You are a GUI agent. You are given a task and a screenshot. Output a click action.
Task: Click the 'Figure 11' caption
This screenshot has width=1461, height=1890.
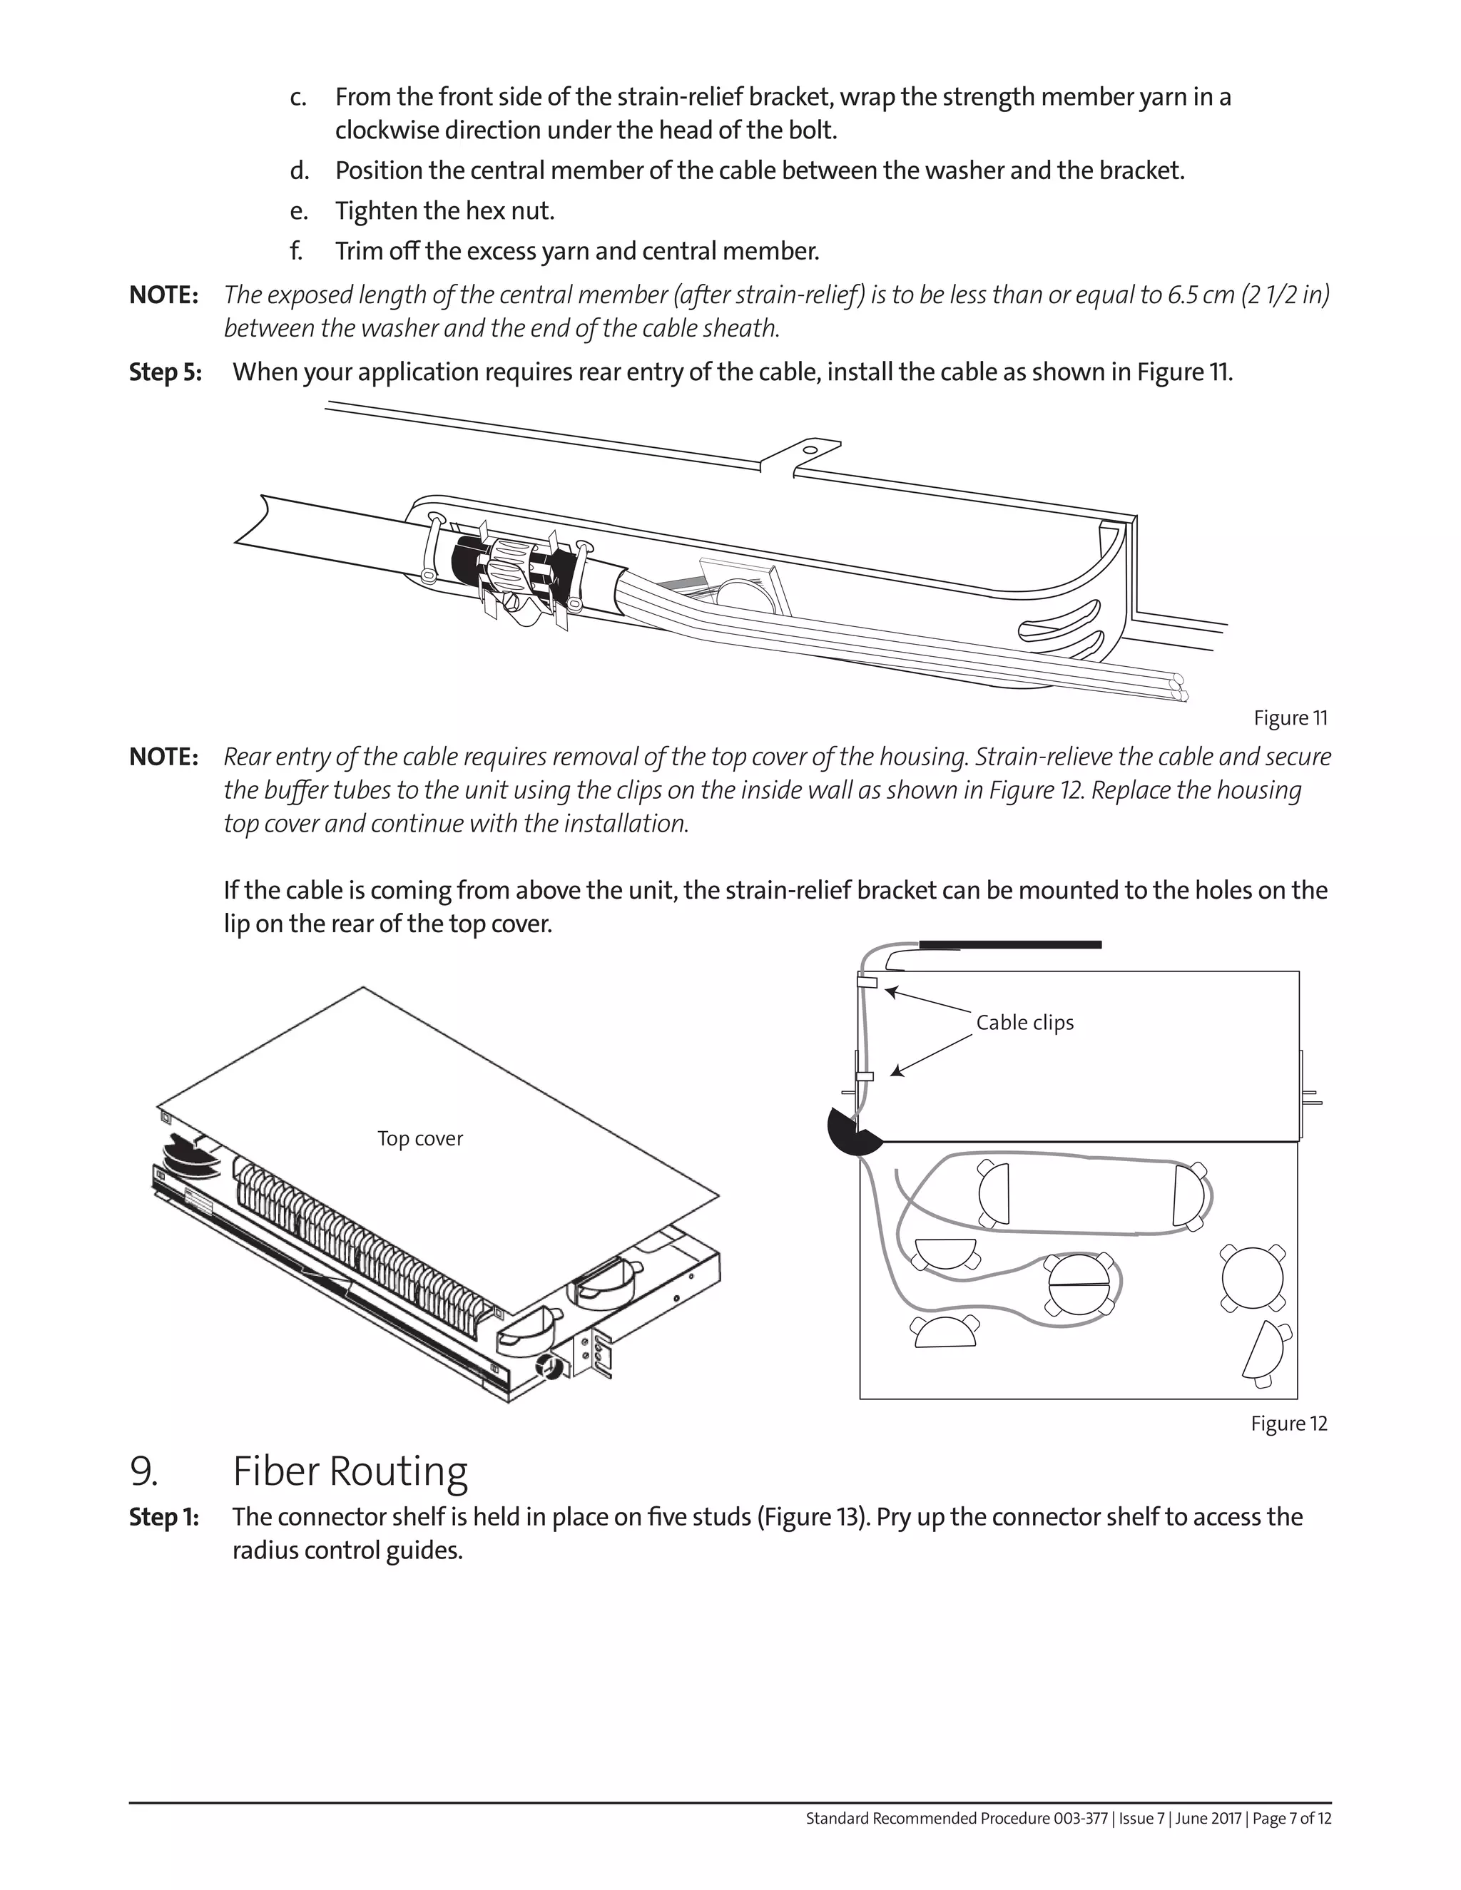1290,717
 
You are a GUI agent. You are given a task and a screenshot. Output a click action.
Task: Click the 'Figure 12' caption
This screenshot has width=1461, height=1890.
1288,1424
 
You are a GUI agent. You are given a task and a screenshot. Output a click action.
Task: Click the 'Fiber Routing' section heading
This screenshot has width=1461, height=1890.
350,1471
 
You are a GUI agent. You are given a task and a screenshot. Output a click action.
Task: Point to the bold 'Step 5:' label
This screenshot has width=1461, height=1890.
166,372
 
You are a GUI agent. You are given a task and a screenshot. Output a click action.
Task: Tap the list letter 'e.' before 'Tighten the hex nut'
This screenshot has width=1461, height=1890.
299,211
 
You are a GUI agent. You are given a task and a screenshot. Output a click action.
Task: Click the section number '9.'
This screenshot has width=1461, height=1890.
143,1471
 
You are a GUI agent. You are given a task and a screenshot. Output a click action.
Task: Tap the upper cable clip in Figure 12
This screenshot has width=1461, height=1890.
867,981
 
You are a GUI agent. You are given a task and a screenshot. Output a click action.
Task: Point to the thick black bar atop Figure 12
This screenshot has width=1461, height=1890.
1009,944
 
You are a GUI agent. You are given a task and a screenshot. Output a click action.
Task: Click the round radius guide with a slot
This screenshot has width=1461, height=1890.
1079,1283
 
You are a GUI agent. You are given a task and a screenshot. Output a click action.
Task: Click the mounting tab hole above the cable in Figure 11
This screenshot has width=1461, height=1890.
808,449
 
